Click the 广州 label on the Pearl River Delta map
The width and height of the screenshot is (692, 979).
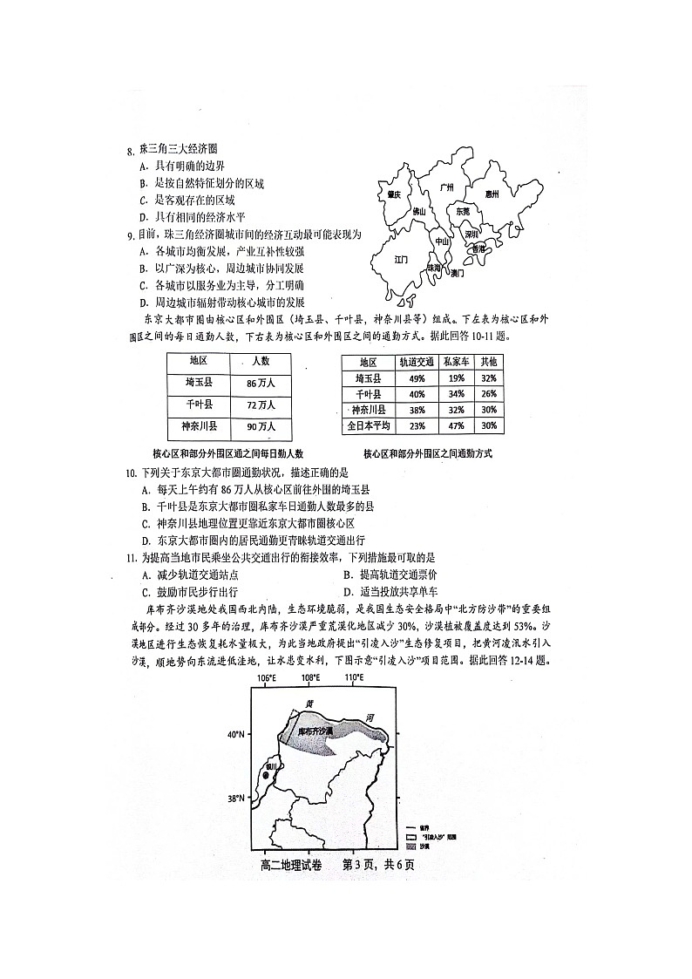click(447, 187)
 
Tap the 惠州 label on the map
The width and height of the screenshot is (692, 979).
click(492, 194)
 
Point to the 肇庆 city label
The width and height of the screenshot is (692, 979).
click(394, 194)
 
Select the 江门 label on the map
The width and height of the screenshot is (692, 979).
click(402, 259)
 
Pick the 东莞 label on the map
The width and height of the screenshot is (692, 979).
click(462, 211)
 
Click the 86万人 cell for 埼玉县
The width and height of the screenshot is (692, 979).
click(261, 383)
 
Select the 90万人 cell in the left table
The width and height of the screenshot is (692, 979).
click(261, 426)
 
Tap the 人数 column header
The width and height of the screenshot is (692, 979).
click(261, 361)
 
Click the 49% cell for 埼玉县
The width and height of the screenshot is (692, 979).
click(416, 378)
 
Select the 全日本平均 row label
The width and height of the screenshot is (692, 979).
click(370, 426)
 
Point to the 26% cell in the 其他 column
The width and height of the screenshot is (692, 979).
click(489, 394)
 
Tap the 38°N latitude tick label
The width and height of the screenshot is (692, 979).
click(236, 798)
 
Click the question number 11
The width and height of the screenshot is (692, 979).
click(131, 557)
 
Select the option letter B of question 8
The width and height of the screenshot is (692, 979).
click(143, 183)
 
